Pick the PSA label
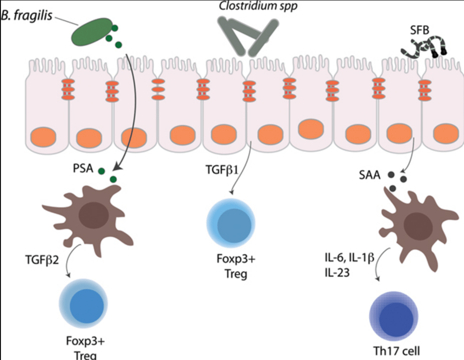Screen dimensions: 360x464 click(x=83, y=169)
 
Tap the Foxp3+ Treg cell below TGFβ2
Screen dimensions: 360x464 click(x=82, y=304)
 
